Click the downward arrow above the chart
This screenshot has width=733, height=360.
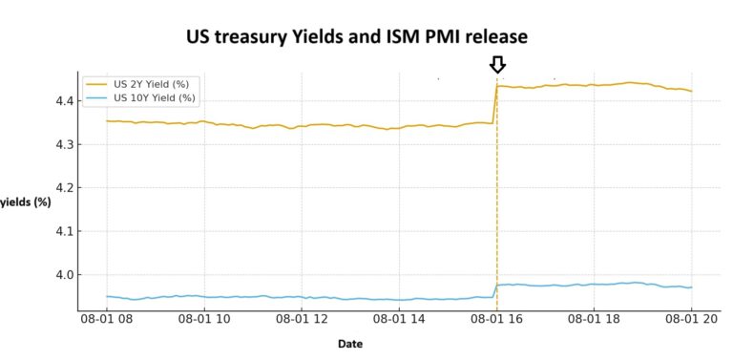pos(497,64)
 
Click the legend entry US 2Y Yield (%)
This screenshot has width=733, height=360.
pos(154,84)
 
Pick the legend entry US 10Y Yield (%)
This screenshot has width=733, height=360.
pos(156,97)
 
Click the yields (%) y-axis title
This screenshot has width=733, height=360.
pos(26,201)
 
